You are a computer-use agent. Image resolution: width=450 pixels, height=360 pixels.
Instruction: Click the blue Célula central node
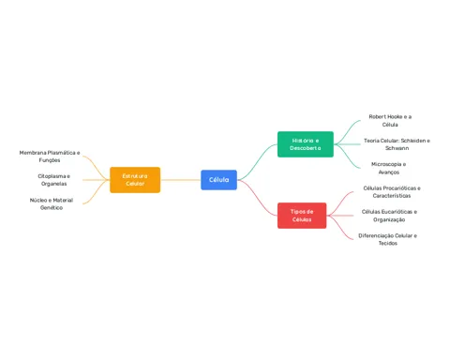coord(218,180)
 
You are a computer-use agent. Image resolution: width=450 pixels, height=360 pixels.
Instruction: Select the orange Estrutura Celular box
coord(135,180)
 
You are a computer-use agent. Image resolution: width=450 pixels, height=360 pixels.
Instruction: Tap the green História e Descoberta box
coord(306,144)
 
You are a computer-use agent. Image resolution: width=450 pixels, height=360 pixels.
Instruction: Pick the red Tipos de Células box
coord(302,216)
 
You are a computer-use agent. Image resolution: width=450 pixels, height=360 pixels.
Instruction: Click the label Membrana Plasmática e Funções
coord(50,157)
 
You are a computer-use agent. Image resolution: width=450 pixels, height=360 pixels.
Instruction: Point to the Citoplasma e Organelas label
coord(53,180)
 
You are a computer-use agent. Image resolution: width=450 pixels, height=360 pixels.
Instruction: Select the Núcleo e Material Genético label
coord(52,203)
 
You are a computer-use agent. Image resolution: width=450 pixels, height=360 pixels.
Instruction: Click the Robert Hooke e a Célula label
coord(390,121)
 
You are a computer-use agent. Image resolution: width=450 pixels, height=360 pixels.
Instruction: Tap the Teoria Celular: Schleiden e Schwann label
coord(397,144)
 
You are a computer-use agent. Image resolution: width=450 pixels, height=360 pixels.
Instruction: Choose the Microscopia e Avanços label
coord(388,168)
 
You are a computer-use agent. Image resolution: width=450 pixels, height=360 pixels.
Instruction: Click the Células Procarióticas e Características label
coord(392,192)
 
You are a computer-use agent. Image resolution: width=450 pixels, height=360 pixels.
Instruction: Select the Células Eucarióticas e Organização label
coord(389,216)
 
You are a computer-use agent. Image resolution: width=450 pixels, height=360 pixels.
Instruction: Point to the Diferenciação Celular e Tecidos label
coord(387,239)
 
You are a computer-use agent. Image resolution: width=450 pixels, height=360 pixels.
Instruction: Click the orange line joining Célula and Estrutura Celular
coord(181,180)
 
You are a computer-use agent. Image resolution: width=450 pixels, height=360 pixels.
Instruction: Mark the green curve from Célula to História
coord(257,162)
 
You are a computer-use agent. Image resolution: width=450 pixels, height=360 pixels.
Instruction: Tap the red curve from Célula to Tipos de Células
coord(257,198)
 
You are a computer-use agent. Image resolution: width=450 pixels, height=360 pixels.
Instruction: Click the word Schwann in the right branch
coord(397,148)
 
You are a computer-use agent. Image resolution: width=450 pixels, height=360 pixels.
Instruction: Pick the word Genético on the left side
coord(52,207)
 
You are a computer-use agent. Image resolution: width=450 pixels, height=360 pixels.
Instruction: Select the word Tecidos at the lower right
coord(388,243)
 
